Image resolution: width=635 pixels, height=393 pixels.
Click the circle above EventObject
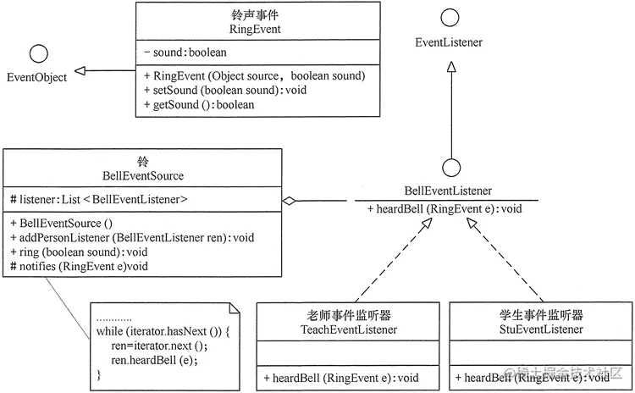(x=39, y=45)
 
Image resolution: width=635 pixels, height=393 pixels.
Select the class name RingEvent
(x=255, y=29)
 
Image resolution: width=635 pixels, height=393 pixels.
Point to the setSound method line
(x=225, y=90)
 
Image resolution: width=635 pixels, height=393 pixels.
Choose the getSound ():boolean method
(x=199, y=104)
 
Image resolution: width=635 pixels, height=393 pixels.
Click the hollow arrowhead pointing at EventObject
(x=80, y=71)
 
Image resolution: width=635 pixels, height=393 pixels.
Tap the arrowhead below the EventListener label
(x=451, y=67)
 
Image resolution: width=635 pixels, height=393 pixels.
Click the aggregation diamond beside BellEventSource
(x=289, y=201)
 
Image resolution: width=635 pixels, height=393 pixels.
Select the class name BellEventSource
(x=143, y=176)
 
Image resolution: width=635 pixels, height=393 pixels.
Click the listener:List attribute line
(x=99, y=199)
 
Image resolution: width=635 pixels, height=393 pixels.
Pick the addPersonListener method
(x=132, y=237)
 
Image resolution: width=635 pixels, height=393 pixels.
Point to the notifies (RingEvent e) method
(x=79, y=266)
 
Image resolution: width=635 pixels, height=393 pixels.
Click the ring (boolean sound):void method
(x=79, y=252)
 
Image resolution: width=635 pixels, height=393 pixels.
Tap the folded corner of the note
(x=235, y=308)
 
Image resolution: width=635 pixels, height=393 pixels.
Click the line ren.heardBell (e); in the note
(x=154, y=360)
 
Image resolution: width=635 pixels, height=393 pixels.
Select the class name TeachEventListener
(x=349, y=329)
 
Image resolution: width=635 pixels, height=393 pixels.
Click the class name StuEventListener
(x=541, y=329)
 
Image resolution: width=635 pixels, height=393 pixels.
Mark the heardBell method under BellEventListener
(x=444, y=209)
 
